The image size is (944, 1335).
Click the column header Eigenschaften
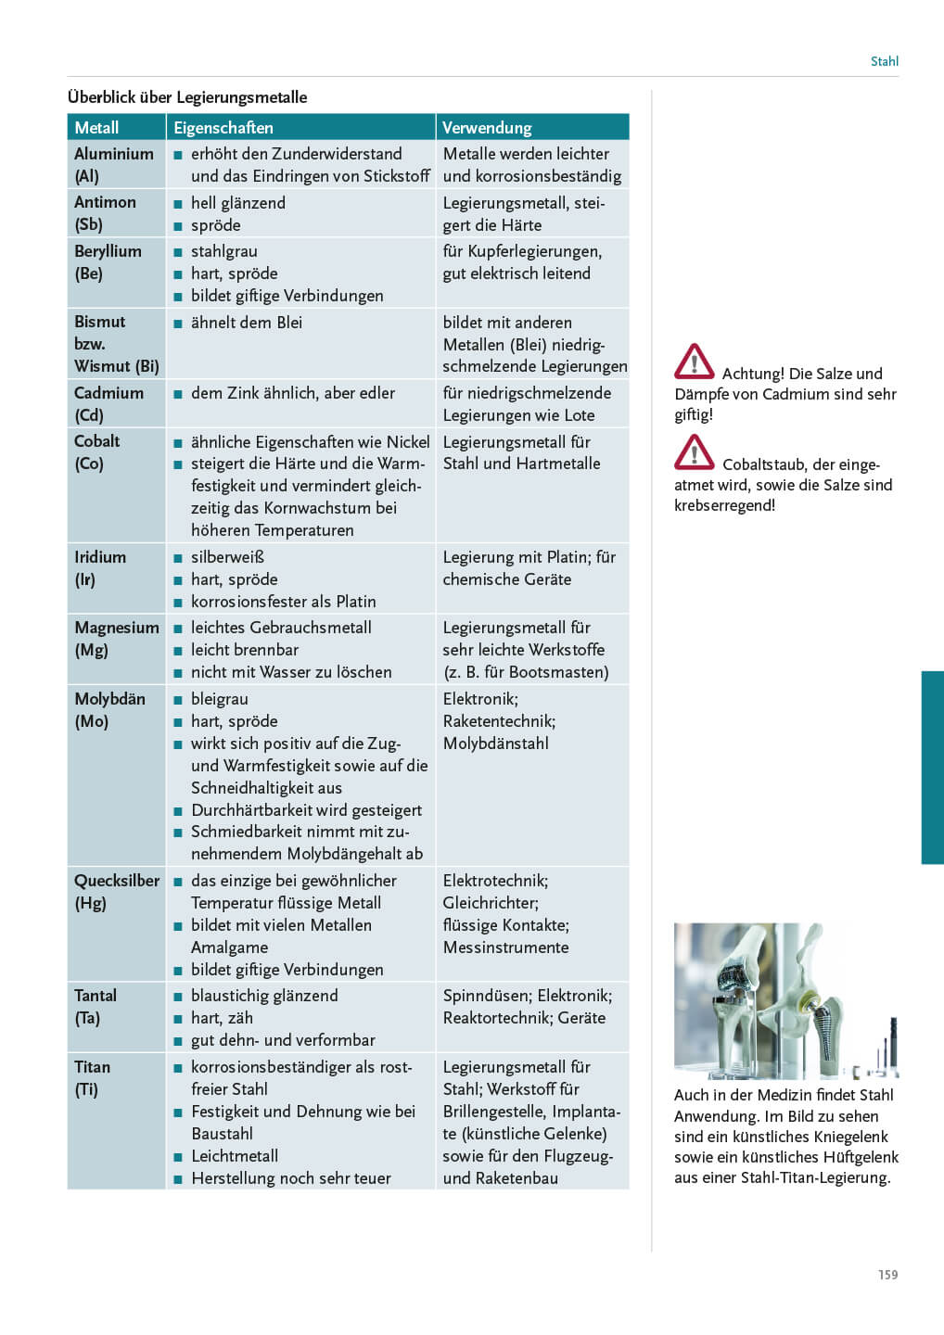(x=223, y=128)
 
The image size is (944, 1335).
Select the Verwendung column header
(x=487, y=128)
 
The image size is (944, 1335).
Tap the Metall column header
(x=96, y=128)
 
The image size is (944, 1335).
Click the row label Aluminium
(x=114, y=154)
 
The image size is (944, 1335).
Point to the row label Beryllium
(x=108, y=251)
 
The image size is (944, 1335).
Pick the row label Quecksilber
(x=117, y=881)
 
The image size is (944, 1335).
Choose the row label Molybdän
(x=109, y=699)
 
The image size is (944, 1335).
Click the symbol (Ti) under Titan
(x=86, y=1089)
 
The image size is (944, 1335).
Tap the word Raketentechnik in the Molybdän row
(x=499, y=721)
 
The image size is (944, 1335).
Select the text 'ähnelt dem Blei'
(x=247, y=323)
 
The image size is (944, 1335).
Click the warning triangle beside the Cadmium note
(x=694, y=362)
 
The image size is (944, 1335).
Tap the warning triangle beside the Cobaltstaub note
(x=694, y=452)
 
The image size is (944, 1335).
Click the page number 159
(x=887, y=1275)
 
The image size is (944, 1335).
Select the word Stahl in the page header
(x=884, y=61)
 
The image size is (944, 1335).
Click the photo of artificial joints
(x=785, y=1000)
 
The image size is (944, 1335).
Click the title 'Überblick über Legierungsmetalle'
(x=187, y=97)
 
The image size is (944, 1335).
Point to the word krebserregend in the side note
(x=724, y=505)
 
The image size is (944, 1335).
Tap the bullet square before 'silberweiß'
(x=178, y=558)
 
